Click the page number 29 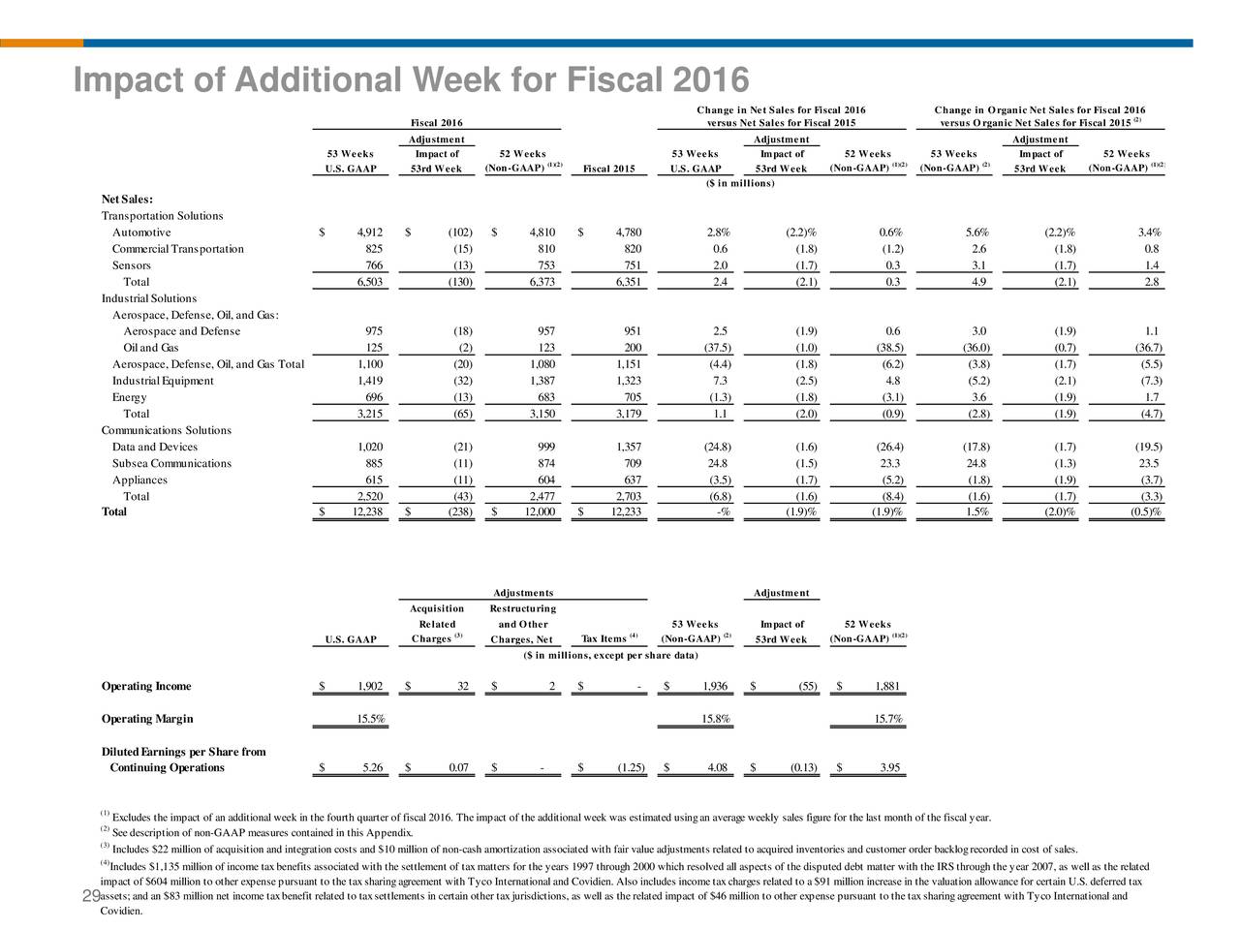[x=91, y=895]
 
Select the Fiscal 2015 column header [x=608, y=169]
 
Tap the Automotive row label [x=141, y=232]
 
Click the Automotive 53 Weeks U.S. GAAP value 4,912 [x=369, y=232]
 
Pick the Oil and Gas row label [x=151, y=347]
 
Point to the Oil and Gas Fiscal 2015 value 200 [x=633, y=347]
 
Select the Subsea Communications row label [x=171, y=463]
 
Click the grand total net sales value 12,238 [x=367, y=511]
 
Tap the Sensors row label [x=131, y=265]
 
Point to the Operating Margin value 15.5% [x=371, y=719]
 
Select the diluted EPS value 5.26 [x=372, y=767]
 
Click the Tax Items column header [x=609, y=638]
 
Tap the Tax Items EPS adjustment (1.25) [x=631, y=767]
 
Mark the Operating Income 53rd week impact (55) [x=807, y=686]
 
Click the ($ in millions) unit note [x=740, y=183]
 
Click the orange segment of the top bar [x=42, y=43]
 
